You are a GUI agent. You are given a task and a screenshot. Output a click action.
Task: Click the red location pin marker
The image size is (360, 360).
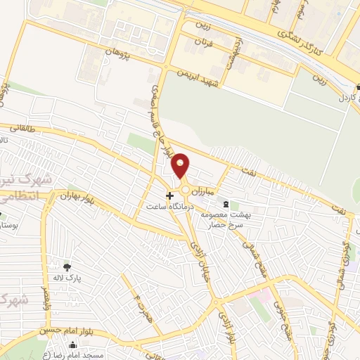[181, 166]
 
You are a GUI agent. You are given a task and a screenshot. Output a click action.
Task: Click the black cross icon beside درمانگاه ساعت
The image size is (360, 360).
[169, 195]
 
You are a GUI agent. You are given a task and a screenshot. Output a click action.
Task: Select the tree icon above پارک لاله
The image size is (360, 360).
[67, 266]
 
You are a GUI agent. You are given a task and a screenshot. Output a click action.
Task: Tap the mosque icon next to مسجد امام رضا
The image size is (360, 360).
[74, 345]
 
